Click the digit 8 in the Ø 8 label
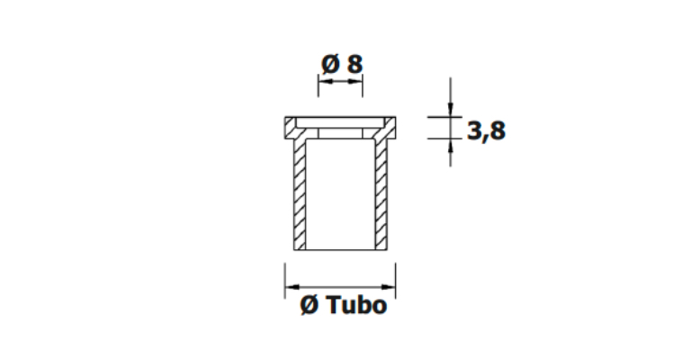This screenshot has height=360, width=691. [354, 64]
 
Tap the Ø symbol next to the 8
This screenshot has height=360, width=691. [330, 64]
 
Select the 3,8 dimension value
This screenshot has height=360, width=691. [486, 131]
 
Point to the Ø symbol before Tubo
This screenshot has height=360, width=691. [309, 305]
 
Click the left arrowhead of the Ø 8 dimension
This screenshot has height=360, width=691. [325, 82]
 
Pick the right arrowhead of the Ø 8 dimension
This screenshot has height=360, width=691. [356, 82]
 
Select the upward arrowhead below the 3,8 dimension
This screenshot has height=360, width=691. [450, 146]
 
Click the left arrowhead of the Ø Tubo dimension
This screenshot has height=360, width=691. [292, 287]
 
